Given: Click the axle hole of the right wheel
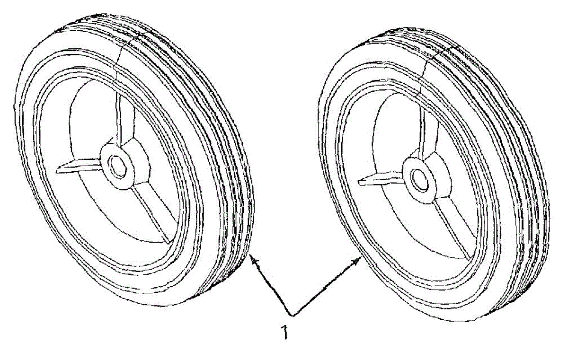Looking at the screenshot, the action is click(x=419, y=178).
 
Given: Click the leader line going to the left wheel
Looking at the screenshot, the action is click(x=272, y=286).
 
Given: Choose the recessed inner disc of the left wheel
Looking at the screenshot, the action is click(x=85, y=123).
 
